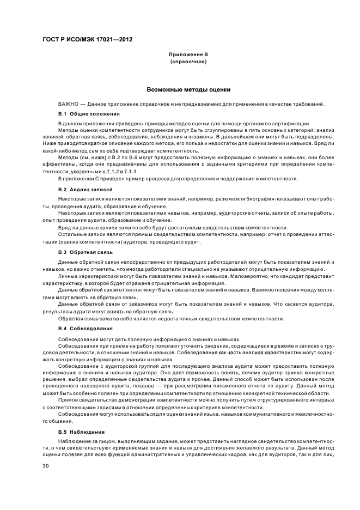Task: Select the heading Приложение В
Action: (x=188, y=55)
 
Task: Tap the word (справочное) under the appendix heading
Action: (x=188, y=62)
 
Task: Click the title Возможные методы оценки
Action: (x=188, y=89)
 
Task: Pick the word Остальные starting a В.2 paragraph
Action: (x=71, y=233)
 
